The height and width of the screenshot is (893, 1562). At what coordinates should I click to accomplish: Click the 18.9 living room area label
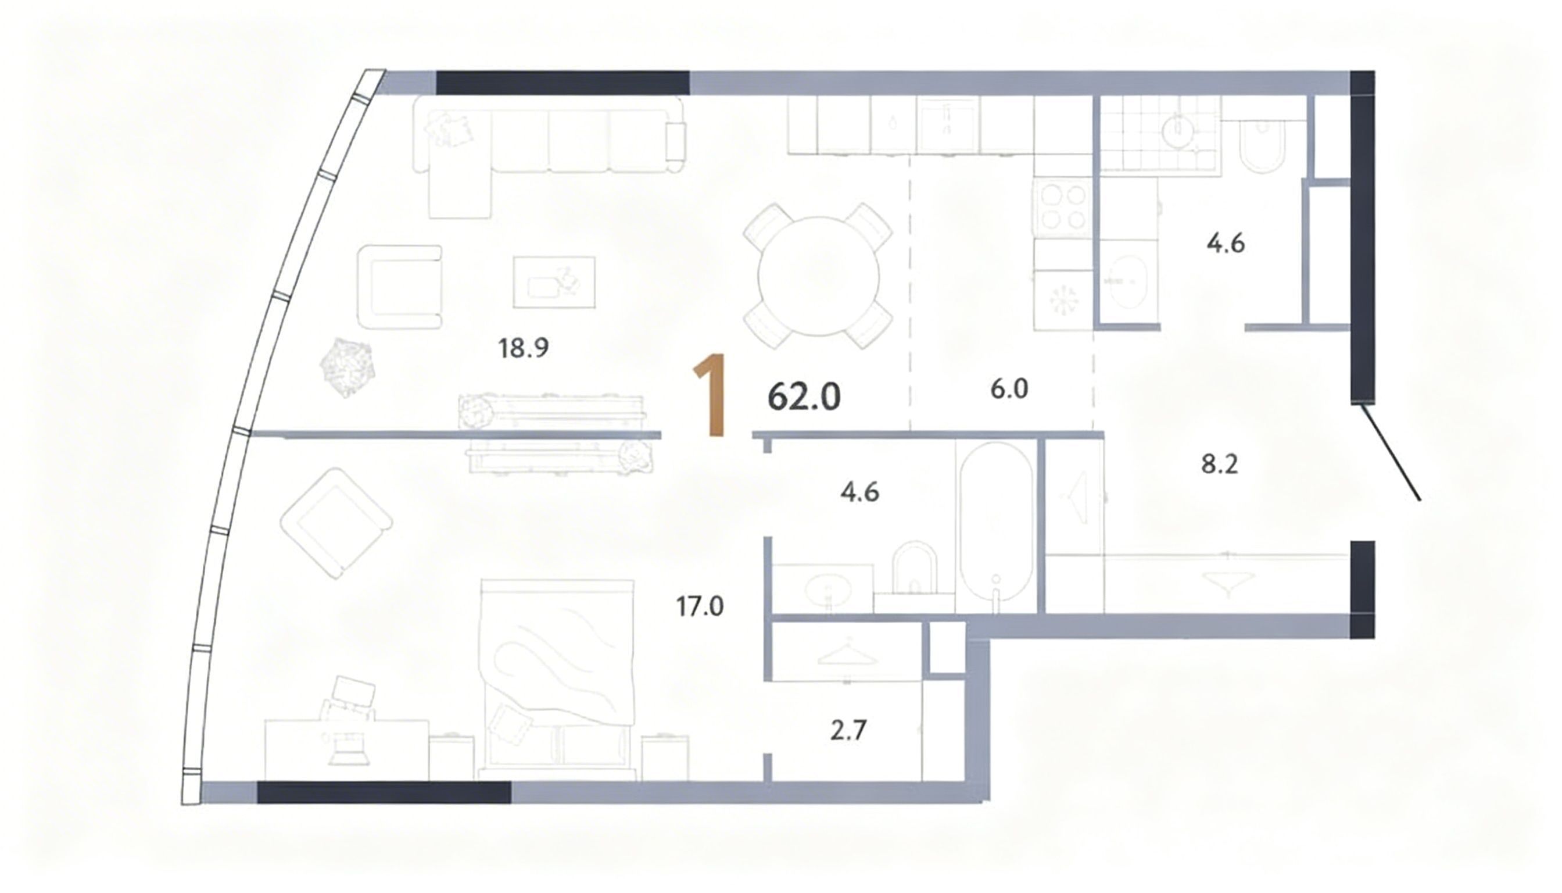point(523,348)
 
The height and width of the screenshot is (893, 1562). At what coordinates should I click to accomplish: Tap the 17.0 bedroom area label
point(700,606)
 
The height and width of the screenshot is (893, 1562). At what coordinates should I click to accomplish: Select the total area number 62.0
point(804,397)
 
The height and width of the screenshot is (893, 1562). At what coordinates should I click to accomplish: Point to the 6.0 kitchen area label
point(1009,389)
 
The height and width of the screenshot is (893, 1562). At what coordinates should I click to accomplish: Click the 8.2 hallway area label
point(1219,465)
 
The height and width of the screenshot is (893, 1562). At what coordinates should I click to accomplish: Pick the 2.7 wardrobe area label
point(848,730)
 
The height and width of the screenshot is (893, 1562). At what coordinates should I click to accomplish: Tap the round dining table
point(818,276)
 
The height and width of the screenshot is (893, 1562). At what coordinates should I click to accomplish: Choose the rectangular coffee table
point(554,282)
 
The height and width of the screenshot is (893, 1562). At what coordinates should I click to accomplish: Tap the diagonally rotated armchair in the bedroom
point(336,523)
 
